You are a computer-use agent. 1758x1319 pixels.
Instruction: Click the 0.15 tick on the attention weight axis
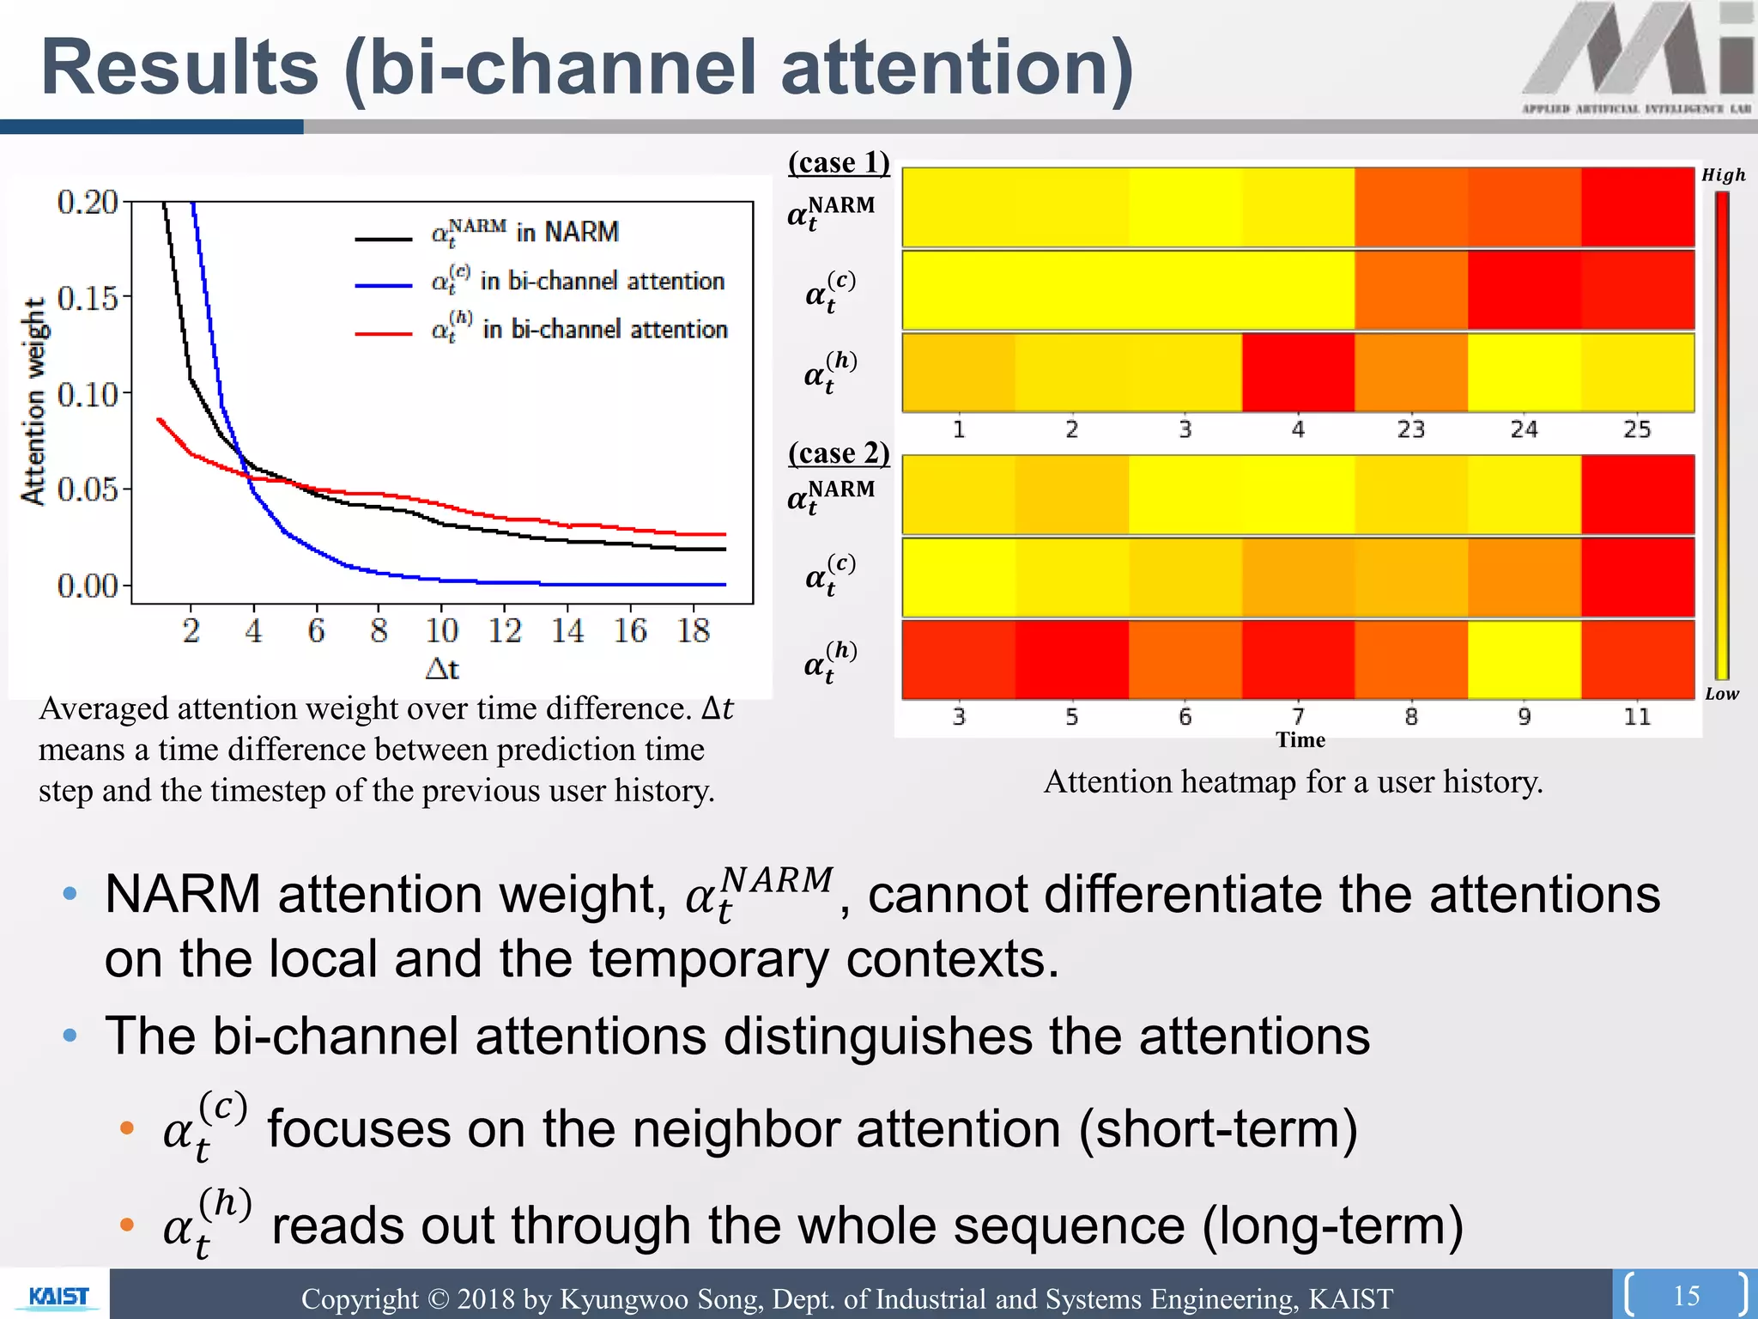pos(87,298)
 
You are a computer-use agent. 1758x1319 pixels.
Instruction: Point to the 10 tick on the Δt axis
pos(442,631)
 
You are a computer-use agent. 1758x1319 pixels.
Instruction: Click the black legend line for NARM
pos(384,238)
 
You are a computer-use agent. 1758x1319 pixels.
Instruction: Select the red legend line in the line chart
pos(384,333)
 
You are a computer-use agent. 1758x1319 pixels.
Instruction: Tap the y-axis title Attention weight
pos(33,402)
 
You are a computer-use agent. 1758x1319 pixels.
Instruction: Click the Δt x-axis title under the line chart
pos(442,668)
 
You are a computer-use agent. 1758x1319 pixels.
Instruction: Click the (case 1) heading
pos(839,161)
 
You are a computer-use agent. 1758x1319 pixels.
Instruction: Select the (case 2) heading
pos(839,453)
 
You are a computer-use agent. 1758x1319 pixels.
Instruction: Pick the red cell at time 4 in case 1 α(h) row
pos(1298,373)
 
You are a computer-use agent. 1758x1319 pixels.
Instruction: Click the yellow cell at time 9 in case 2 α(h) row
pos(1524,659)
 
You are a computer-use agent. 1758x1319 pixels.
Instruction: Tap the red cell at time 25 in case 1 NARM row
pos(1637,207)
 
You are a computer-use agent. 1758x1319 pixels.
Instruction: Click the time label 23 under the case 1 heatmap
pos(1410,429)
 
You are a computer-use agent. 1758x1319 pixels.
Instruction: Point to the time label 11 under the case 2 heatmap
pos(1636,716)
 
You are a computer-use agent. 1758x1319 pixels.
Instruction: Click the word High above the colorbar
pos(1723,175)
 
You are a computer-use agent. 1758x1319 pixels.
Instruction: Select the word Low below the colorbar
pos(1721,694)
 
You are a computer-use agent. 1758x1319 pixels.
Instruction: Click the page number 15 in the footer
pos(1686,1295)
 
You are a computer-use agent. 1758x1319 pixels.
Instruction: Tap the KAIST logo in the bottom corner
pos(58,1296)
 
